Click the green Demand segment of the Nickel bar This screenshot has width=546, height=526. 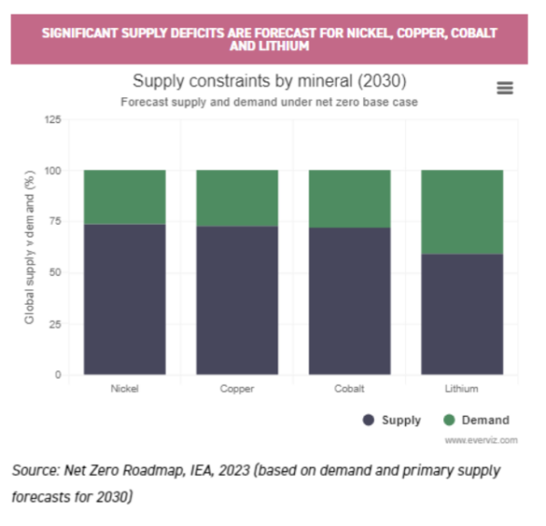coord(125,197)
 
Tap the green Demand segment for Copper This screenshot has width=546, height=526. coord(237,197)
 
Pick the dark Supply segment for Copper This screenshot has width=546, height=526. coord(237,300)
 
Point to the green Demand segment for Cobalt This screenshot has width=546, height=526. coord(349,198)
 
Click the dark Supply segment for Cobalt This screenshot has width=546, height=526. coord(349,301)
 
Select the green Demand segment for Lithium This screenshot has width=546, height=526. coord(461,212)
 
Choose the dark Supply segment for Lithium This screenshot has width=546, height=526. coord(461,314)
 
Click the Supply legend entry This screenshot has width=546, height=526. coord(392,420)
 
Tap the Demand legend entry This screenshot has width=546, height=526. coord(476,420)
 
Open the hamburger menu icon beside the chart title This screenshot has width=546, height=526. coord(505,87)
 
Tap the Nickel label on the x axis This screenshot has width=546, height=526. coord(125,389)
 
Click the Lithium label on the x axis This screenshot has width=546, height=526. coord(461,389)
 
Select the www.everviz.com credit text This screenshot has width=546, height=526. coord(481,440)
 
